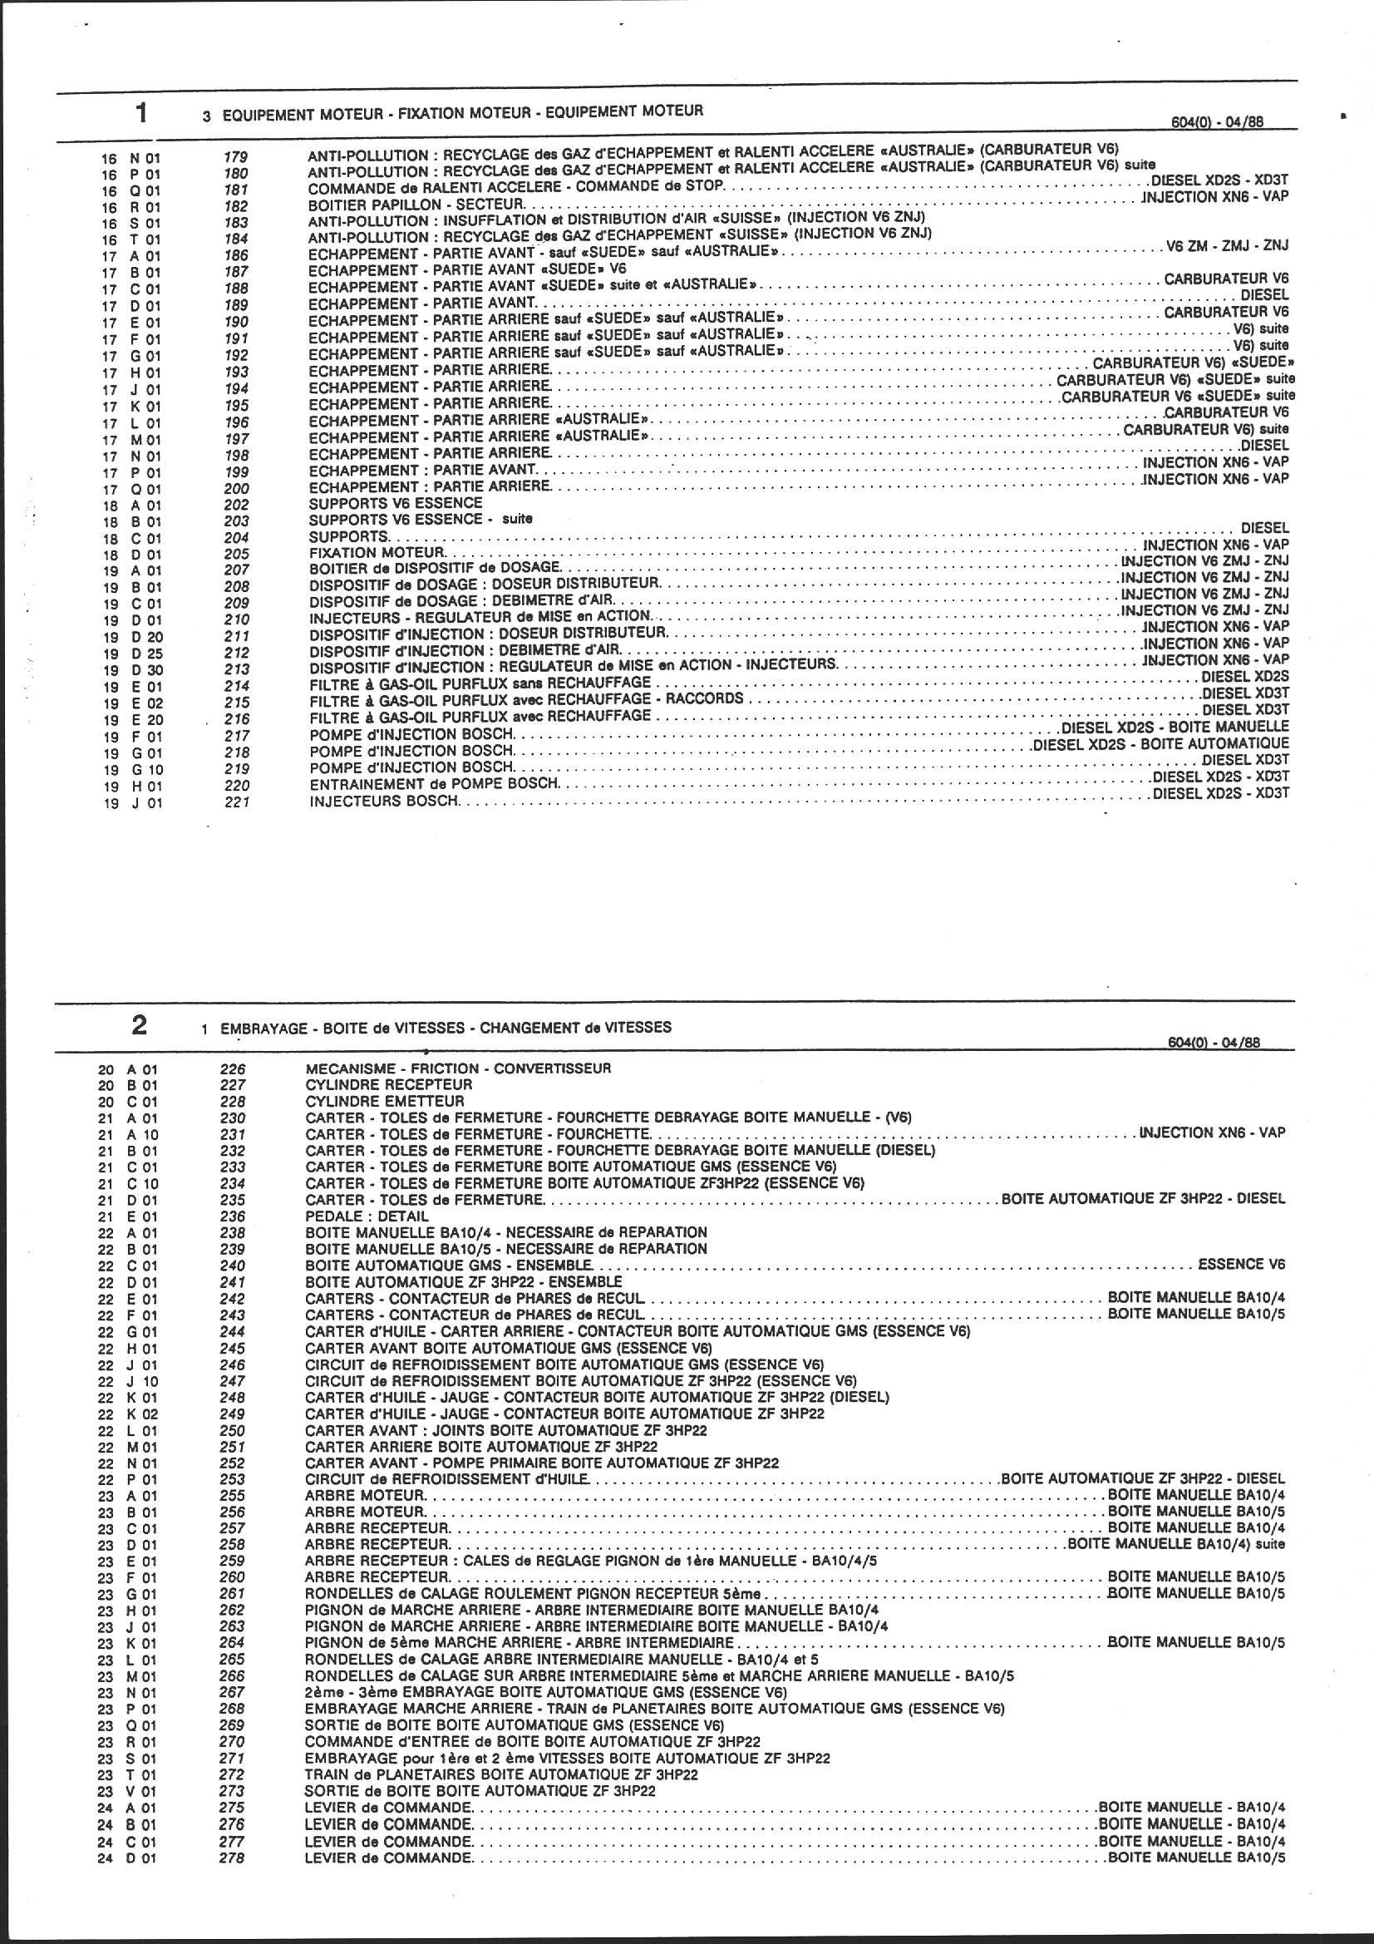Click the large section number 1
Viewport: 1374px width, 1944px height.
point(141,111)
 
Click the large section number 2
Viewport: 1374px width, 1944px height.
point(139,1025)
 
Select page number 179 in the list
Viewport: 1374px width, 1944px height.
point(236,156)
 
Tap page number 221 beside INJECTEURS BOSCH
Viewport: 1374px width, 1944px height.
point(237,802)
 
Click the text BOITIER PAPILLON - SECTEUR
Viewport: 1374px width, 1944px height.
point(416,205)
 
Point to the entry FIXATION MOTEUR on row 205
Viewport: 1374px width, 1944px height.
point(377,552)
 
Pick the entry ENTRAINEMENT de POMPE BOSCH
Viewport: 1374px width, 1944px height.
point(434,784)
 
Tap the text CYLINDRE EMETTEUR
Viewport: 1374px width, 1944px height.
point(384,1102)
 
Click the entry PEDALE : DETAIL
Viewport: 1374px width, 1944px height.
point(367,1216)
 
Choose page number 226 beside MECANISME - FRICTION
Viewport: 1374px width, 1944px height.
point(232,1069)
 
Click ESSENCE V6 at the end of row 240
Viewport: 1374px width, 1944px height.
point(1242,1265)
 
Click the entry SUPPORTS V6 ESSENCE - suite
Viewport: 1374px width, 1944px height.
point(421,520)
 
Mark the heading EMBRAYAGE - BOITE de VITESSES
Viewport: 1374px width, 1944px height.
point(446,1028)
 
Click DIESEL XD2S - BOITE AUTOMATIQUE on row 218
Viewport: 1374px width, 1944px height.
point(1160,744)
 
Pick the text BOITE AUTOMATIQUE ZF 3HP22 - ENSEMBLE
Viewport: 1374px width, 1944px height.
point(463,1282)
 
